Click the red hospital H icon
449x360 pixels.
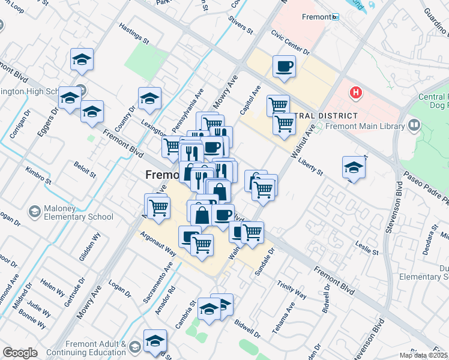[x=357, y=93]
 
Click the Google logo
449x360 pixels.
[x=20, y=353]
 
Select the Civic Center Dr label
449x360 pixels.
[x=290, y=43]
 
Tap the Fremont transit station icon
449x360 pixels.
[x=336, y=17]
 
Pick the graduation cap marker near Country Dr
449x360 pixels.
[x=149, y=98]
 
